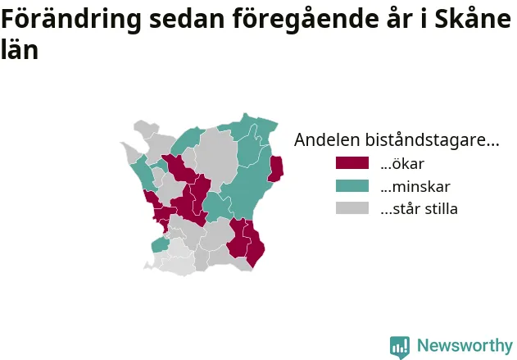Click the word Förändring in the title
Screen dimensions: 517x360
point(71,20)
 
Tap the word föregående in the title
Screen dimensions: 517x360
point(306,20)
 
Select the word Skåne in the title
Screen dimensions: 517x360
point(473,18)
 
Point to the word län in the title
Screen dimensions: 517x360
point(20,49)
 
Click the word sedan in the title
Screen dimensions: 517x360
point(187,19)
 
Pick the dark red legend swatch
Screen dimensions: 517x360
point(352,163)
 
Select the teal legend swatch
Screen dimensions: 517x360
point(352,186)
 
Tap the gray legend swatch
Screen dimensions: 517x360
point(352,208)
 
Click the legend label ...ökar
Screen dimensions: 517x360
point(402,163)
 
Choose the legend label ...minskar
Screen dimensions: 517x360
point(415,186)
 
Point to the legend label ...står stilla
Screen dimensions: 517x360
point(419,209)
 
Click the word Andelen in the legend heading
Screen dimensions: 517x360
point(327,139)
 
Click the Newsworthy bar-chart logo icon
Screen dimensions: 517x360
point(400,347)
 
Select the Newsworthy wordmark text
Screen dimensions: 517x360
point(465,345)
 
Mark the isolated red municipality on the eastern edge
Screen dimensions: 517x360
point(275,169)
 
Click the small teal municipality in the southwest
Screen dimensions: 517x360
point(161,245)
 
